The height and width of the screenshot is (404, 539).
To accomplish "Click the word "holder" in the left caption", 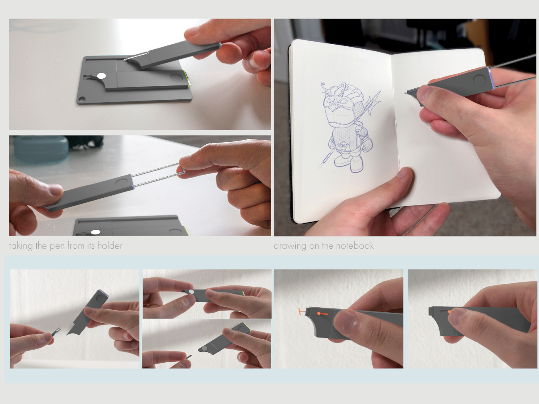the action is tap(110, 245).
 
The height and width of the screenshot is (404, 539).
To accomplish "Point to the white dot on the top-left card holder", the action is tap(101, 76).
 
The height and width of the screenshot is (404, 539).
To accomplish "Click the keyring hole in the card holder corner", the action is tap(82, 99).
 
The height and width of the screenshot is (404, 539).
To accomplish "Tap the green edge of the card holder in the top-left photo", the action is tap(188, 79).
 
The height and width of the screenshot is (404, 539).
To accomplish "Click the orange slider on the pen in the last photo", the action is tap(449, 311).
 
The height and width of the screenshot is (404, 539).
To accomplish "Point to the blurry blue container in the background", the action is tap(40, 149).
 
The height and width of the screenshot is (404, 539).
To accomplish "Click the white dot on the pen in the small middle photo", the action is tap(191, 292).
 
